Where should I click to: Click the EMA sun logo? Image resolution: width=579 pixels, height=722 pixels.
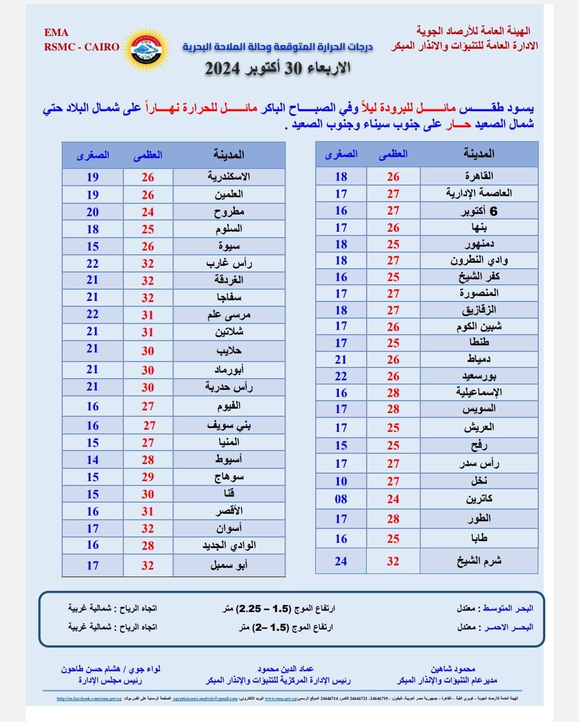(x=146, y=48)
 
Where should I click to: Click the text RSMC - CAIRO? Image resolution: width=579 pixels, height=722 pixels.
(x=81, y=47)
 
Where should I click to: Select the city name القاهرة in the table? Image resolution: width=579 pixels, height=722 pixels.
(x=479, y=176)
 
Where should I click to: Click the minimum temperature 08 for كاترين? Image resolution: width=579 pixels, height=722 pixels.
(x=341, y=499)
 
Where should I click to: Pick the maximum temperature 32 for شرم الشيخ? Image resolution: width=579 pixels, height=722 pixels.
(x=393, y=561)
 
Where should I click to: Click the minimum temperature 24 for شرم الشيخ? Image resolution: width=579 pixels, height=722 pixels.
(x=341, y=561)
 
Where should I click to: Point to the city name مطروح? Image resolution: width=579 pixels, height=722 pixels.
(x=229, y=212)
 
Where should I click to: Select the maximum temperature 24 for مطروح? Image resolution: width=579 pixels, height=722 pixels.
(x=148, y=212)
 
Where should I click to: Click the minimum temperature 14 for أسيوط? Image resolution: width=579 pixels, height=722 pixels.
(x=93, y=460)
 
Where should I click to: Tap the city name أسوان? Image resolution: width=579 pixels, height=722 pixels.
(x=229, y=528)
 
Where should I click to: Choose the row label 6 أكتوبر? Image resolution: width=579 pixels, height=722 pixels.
(x=479, y=211)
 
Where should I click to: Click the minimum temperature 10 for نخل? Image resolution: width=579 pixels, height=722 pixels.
(x=341, y=481)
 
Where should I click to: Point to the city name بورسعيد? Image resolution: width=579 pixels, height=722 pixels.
(x=479, y=376)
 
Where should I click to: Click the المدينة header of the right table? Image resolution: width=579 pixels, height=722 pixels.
(x=479, y=154)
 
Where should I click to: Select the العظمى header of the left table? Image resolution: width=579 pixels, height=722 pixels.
(x=148, y=155)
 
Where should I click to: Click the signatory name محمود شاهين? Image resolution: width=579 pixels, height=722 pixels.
(x=453, y=669)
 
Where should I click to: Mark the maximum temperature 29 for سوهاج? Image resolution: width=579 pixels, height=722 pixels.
(x=148, y=477)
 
